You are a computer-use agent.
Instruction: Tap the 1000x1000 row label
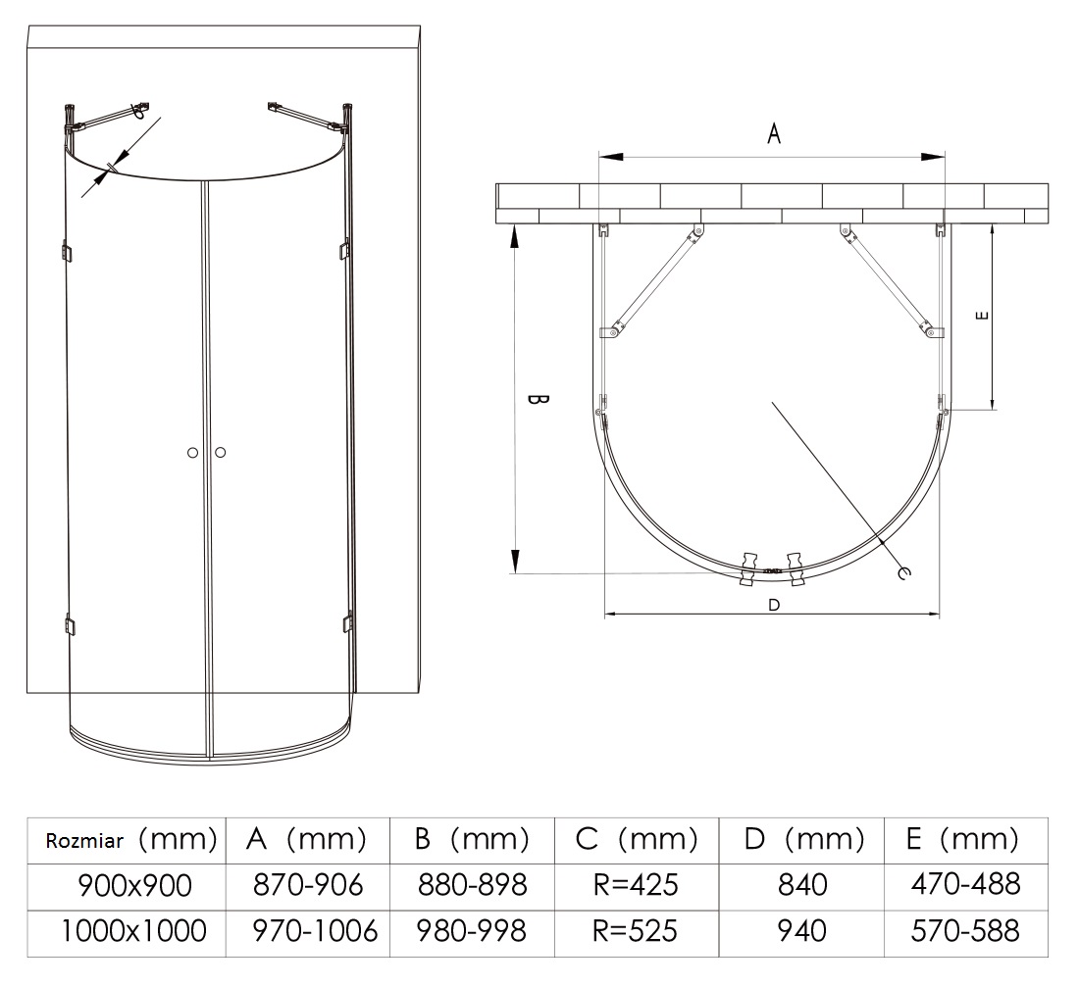tap(133, 930)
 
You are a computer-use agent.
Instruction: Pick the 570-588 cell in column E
tap(965, 930)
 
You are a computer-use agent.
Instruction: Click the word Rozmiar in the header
tap(84, 841)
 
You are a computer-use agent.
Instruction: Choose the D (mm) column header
tap(803, 839)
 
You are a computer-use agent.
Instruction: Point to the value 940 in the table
tap(801, 930)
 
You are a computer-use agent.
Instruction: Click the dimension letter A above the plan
tap(774, 133)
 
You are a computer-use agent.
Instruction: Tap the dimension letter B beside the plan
tap(538, 400)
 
